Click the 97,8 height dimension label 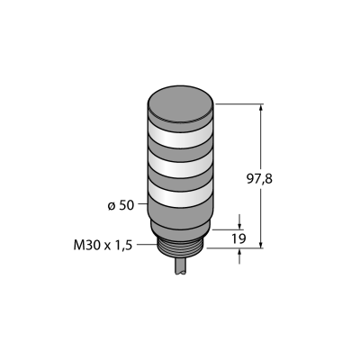pyautogui.click(x=259, y=179)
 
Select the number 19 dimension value pyautogui.click(x=238, y=238)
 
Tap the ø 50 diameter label pyautogui.click(x=121, y=205)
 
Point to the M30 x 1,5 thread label pyautogui.click(x=103, y=246)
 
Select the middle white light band pyautogui.click(x=181, y=165)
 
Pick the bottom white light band pyautogui.click(x=181, y=195)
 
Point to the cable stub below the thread pyautogui.click(x=181, y=267)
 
